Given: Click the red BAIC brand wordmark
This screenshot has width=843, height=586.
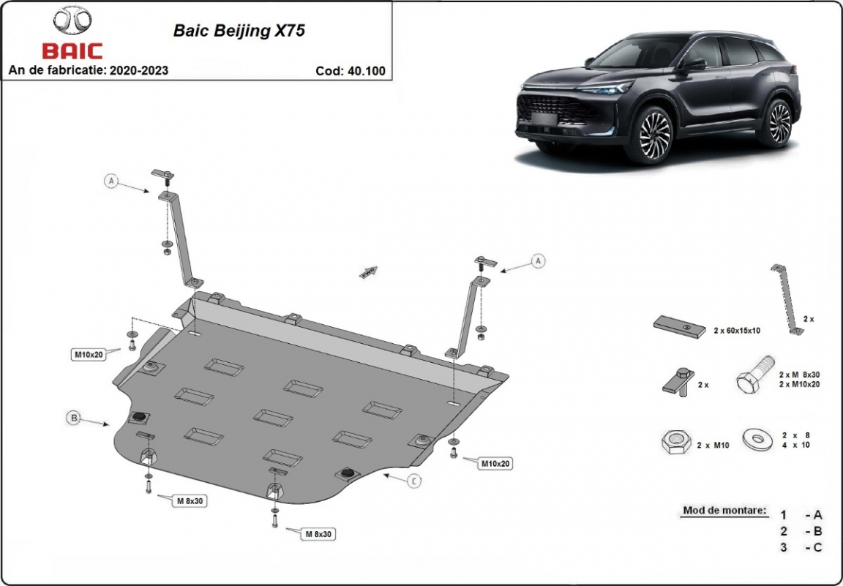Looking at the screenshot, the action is tap(72, 51).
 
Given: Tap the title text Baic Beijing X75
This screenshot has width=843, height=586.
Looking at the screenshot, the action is tap(239, 31).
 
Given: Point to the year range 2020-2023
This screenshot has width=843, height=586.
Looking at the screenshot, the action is tap(139, 70).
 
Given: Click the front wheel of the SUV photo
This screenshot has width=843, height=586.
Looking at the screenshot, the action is tap(653, 135).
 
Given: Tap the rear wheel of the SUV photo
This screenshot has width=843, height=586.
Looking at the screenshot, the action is tap(779, 122).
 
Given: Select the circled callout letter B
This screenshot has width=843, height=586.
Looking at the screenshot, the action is tap(74, 417).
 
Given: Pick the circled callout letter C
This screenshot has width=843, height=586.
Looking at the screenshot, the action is tap(414, 481).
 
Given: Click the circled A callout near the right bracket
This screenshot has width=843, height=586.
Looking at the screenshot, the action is tap(538, 261).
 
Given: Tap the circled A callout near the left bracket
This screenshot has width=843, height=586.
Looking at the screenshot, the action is tap(110, 181).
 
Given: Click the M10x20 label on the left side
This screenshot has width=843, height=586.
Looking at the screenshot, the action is tap(89, 354).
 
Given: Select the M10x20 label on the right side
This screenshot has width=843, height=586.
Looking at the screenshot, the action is tap(495, 463).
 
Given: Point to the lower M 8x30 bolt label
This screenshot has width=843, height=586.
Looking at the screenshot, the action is tap(318, 534).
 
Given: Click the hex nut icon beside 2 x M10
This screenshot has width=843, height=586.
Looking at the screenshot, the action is tap(676, 443).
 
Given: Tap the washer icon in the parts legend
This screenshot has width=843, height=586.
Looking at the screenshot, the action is tap(758, 439).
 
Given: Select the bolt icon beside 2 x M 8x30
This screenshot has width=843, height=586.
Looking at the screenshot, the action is tap(755, 374).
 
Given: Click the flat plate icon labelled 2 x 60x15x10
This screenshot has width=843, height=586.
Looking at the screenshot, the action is tap(680, 326).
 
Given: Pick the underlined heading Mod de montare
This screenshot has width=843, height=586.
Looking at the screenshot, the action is tap(724, 511).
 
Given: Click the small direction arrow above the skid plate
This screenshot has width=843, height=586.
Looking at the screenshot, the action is tap(368, 272).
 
